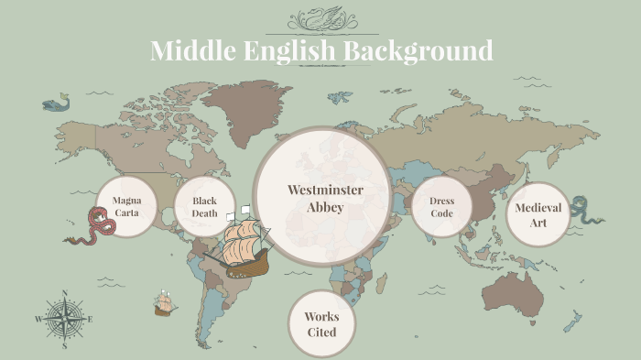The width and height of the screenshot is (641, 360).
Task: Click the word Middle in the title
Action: (189, 50)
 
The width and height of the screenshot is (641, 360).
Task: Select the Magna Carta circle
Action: (126, 206)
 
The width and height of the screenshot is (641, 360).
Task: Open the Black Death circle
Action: (204, 206)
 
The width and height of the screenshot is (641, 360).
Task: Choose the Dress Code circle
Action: (442, 207)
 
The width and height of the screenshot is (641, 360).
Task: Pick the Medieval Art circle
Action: (538, 214)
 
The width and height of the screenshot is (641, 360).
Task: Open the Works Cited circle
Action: (321, 323)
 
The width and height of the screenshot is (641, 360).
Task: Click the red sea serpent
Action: (90, 227)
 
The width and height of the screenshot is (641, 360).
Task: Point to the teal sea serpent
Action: (581, 210)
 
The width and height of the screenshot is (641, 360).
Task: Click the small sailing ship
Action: (164, 303)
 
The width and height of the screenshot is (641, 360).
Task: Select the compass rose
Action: (65, 319)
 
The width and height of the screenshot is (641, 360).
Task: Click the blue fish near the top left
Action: (57, 103)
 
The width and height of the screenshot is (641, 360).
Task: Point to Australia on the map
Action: (514, 292)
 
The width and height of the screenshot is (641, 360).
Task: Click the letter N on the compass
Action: (65, 294)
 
